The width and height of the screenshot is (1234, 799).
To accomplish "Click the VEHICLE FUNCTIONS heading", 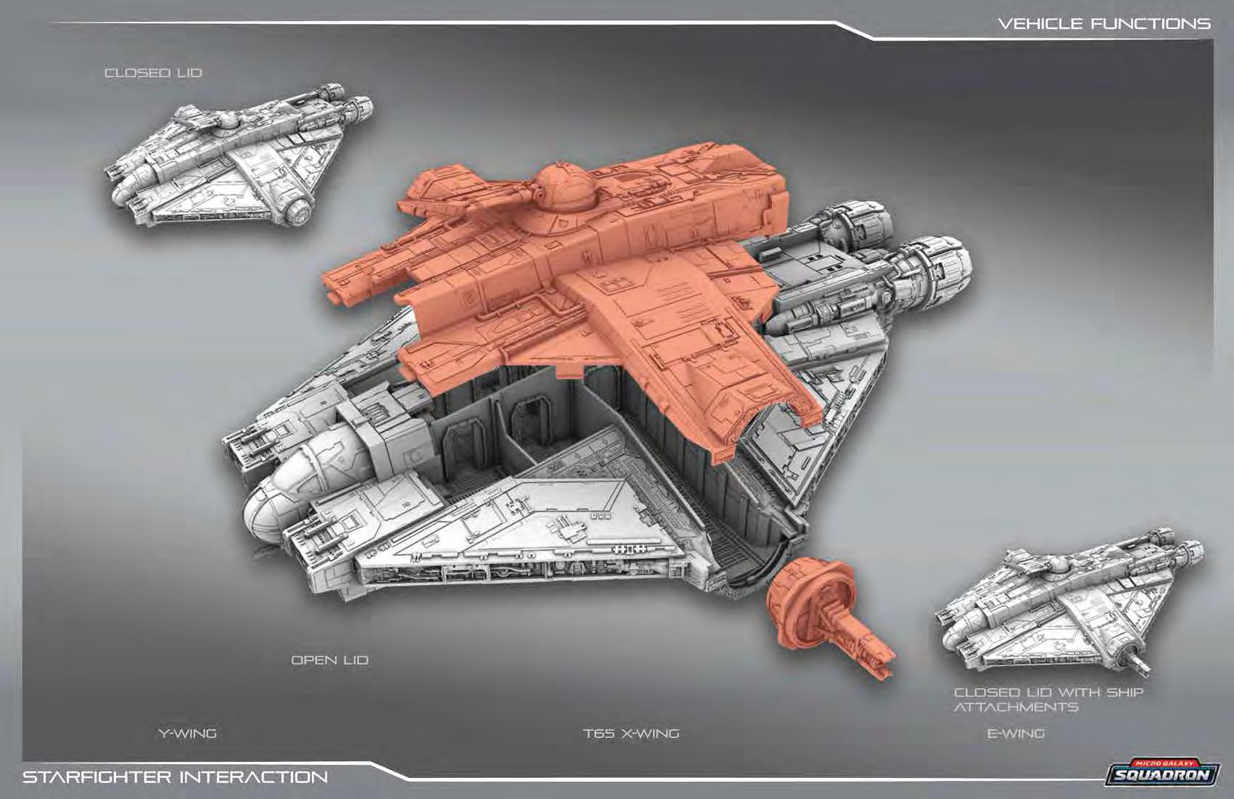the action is tap(1103, 24).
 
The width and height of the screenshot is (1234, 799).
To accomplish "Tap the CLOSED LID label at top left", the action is tap(153, 73).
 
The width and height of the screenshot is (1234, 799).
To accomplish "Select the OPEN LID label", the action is tap(329, 660).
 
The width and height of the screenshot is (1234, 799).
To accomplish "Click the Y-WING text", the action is tap(187, 733).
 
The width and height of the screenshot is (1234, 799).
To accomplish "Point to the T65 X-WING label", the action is tap(631, 733).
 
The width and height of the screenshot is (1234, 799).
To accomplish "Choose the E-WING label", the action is tap(1016, 733).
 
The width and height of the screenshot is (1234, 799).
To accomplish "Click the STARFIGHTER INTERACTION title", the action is tap(175, 777).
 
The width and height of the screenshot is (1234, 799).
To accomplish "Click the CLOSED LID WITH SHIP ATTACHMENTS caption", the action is tap(1048, 700).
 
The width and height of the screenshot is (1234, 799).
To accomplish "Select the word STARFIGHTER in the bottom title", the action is tap(96, 777).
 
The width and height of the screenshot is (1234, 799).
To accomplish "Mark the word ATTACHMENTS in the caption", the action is tap(1016, 708).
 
